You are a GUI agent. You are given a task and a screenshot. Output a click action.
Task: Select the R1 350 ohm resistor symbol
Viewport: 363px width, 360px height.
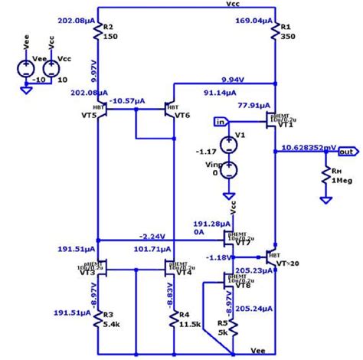pyautogui.click(x=273, y=31)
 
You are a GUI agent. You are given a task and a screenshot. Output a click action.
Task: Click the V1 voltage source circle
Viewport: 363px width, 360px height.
pyautogui.click(x=227, y=143)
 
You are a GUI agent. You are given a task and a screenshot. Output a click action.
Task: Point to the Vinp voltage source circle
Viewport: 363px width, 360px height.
pyautogui.click(x=227, y=170)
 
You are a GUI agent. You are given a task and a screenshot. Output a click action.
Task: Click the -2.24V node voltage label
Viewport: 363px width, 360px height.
pyautogui.click(x=153, y=236)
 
